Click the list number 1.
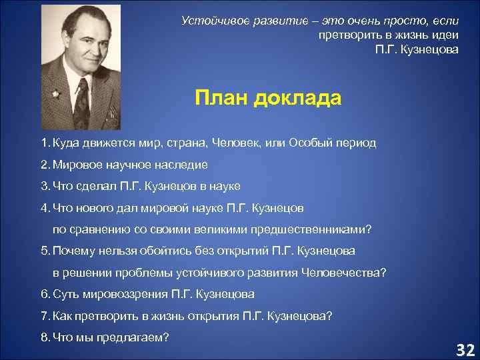click(43, 143)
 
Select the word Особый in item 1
click(311, 143)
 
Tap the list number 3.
click(43, 185)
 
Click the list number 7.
click(43, 315)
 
